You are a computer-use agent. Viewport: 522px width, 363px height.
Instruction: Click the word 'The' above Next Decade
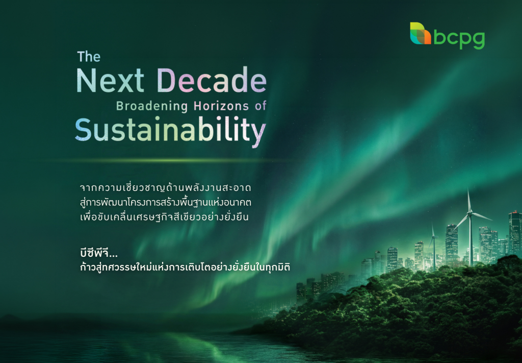89,57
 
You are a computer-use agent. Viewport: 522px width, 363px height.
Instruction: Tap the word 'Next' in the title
110,80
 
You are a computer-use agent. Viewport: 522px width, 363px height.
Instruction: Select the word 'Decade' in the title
212,80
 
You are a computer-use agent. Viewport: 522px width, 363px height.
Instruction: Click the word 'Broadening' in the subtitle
152,106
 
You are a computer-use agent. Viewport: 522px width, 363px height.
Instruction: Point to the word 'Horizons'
221,106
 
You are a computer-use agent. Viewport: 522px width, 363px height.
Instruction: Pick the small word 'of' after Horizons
260,106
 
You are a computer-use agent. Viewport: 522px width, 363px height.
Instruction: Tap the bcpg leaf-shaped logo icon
420,33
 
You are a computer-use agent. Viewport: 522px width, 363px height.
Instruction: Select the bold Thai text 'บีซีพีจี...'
99,253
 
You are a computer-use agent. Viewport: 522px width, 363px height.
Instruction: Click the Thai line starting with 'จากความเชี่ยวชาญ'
166,187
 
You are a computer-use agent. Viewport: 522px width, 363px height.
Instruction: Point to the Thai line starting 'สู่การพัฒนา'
166,202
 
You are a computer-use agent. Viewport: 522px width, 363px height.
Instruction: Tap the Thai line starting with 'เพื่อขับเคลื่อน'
165,217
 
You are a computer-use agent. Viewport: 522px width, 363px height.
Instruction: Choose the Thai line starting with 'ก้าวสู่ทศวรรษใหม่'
185,267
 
